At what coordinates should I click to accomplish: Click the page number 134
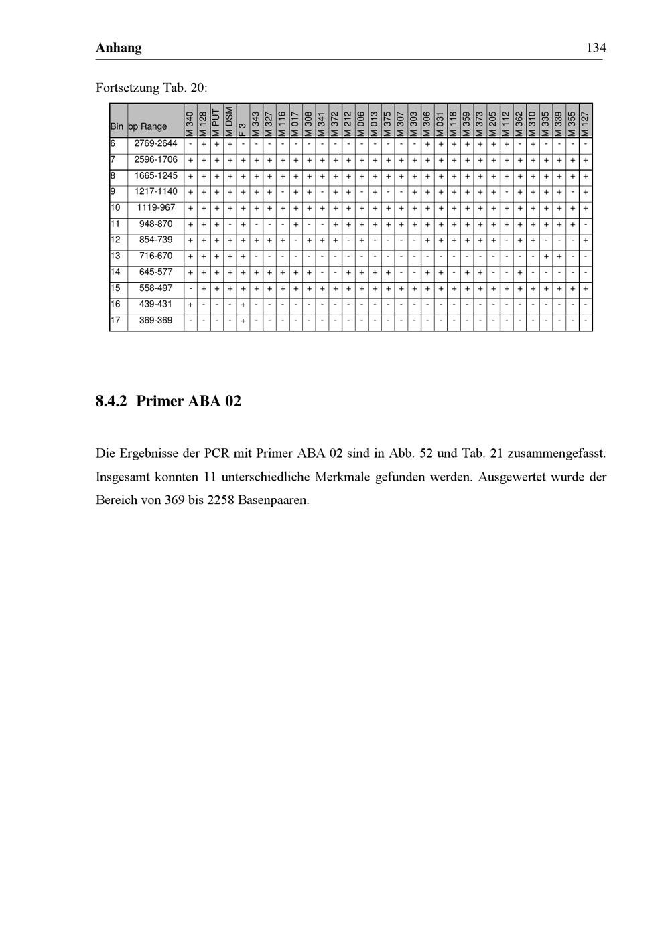[x=595, y=48]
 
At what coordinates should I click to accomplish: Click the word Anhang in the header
[x=119, y=48]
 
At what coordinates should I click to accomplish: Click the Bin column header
[x=117, y=126]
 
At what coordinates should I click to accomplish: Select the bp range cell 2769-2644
[x=155, y=143]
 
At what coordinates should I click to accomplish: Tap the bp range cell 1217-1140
[x=155, y=191]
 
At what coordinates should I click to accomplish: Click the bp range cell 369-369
[x=155, y=321]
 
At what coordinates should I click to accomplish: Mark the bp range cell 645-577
[x=155, y=272]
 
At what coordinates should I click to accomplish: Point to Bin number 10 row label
[x=116, y=207]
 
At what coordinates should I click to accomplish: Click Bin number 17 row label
[x=116, y=321]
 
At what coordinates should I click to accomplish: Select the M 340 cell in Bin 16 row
[x=190, y=305]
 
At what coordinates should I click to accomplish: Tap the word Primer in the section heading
[x=160, y=402]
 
